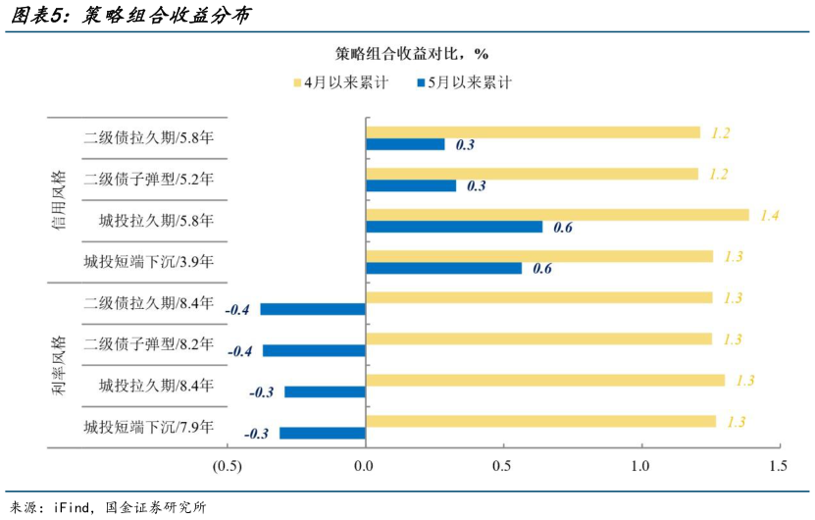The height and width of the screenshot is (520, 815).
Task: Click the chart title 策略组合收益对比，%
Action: point(411,53)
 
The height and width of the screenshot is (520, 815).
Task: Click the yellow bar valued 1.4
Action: point(556,215)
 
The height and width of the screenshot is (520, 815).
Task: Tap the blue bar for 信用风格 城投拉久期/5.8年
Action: point(453,227)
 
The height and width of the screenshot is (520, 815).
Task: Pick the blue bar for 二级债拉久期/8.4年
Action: point(313,309)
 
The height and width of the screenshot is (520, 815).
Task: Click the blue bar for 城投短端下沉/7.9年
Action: point(322,433)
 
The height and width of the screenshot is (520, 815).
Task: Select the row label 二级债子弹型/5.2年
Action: point(149,180)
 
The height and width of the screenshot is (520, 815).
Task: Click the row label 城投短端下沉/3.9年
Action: point(149,262)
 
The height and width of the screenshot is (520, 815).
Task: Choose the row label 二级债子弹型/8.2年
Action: point(149,344)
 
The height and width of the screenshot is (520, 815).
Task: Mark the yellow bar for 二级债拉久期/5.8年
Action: point(533,132)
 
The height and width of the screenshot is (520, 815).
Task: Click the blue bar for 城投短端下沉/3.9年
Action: point(443,268)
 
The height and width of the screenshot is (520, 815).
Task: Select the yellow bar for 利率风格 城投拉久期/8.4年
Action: point(544,380)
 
